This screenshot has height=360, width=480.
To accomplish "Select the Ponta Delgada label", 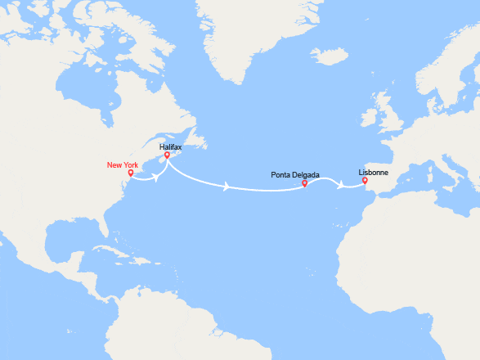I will pos(294,174).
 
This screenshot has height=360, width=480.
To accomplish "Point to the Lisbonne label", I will pos(373,173).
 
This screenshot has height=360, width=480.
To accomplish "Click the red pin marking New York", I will pos(131,173).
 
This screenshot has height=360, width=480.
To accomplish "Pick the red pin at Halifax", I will pos(166,155).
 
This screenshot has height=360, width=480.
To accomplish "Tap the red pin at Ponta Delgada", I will pos(304,182).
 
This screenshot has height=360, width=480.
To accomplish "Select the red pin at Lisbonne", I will pos(365,181).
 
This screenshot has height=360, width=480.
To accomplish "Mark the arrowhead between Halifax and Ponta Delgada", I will pos(227,187).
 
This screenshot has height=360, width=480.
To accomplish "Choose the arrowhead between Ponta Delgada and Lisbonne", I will pos(340,187).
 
